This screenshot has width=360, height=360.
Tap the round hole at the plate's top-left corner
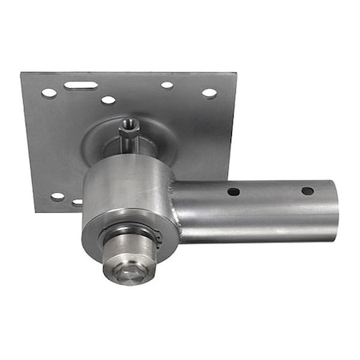coord(49,93)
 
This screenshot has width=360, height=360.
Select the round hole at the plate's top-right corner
coord(209,93)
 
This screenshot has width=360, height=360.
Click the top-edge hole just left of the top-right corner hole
coord(167,85)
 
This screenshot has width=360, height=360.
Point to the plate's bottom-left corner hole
coord(58,196)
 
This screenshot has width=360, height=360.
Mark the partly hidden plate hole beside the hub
coord(78,202)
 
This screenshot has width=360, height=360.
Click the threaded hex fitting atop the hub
coord(128,126)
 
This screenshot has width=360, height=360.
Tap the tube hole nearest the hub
coord(233,191)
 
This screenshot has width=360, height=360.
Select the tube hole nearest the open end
coord(307,190)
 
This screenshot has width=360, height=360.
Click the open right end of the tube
coord(334,211)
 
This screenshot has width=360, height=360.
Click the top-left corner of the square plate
coord(22,74)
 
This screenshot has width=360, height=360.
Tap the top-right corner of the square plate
coord(238,74)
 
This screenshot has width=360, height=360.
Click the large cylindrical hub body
coord(128,192)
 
